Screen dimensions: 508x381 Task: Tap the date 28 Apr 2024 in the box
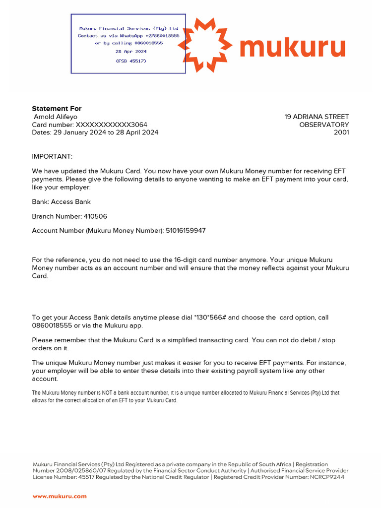click(131, 52)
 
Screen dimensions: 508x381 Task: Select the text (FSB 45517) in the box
click(131, 61)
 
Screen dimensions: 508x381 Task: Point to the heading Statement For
click(57, 109)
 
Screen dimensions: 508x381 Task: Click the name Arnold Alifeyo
click(56, 117)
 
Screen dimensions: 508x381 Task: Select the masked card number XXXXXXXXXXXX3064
click(111, 125)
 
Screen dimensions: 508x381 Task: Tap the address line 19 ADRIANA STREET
click(317, 117)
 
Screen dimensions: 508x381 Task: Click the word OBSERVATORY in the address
click(324, 125)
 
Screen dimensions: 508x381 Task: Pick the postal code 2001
click(341, 132)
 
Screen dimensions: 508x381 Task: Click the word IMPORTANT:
click(52, 156)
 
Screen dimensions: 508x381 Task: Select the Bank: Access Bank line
click(61, 202)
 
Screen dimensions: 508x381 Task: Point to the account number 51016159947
click(186, 231)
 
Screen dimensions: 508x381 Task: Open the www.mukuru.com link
click(60, 496)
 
